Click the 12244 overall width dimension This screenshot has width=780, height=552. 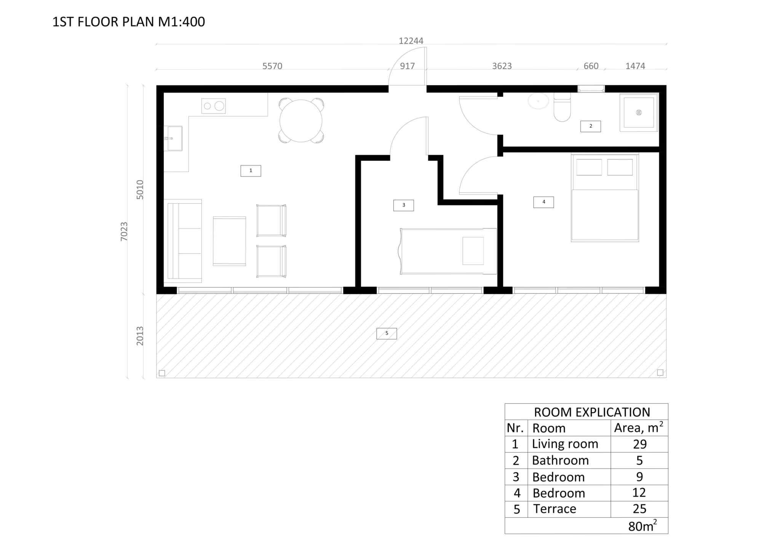click(x=411, y=41)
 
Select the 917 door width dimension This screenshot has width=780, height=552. click(x=407, y=66)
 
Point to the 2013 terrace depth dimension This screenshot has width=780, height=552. click(x=140, y=336)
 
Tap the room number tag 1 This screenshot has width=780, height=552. click(x=251, y=171)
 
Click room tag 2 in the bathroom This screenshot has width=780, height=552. click(x=590, y=126)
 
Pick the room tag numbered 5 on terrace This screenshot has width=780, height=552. click(x=387, y=333)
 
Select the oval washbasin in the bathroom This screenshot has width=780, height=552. click(x=538, y=101)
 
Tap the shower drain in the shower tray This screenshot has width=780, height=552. click(x=639, y=112)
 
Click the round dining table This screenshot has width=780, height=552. click(x=301, y=121)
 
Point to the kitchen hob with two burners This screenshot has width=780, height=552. click(x=213, y=106)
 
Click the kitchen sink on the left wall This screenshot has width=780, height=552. click(x=173, y=139)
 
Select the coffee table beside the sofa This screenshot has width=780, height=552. click(x=229, y=241)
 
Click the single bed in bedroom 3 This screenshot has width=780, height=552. click(x=448, y=251)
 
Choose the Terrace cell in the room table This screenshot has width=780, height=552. click(x=555, y=509)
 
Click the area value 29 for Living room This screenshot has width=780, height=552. click(x=639, y=444)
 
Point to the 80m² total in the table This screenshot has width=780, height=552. click(x=642, y=526)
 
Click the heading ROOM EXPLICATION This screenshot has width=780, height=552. click(x=591, y=412)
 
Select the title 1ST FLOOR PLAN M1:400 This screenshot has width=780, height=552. click(x=129, y=22)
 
